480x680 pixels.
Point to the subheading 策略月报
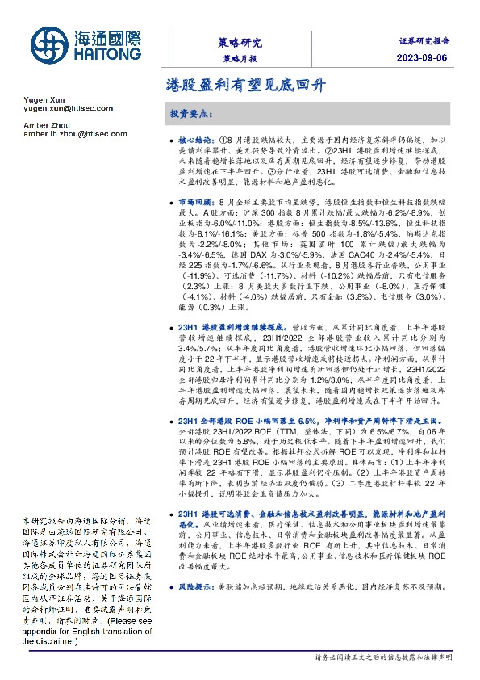[240, 59]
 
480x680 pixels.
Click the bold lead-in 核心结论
[198, 140]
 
